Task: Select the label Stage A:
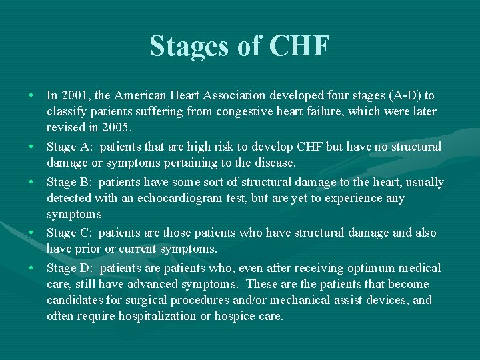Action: [70, 147]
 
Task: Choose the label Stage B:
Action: [70, 182]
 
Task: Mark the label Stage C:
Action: [70, 233]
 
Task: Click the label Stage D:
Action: [70, 268]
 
